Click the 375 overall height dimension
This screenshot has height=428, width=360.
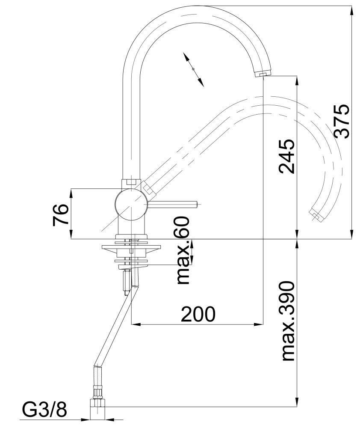point(342,121)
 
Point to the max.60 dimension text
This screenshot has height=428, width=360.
point(183,250)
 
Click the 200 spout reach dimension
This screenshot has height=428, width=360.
point(198,315)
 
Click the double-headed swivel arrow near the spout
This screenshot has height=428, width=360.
point(193,69)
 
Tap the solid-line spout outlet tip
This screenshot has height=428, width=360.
point(262,74)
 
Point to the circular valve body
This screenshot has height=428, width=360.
point(131,206)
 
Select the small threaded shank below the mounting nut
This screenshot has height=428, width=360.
point(127,280)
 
